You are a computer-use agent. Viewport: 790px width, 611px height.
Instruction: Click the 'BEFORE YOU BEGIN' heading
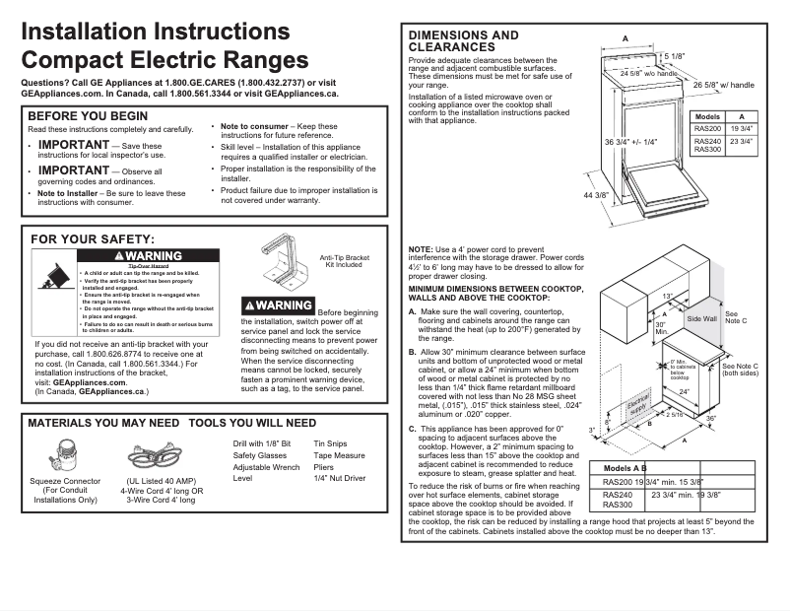click(89, 115)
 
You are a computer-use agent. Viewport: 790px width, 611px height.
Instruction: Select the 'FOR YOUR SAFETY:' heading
click(93, 238)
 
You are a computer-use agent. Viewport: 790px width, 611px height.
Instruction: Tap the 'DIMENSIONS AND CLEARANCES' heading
click(463, 40)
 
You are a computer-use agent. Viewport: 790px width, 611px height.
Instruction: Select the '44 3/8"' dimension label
click(595, 196)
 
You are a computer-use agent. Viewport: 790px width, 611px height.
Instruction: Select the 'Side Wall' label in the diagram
click(701, 319)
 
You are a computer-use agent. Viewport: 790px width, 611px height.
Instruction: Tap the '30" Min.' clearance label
click(661, 328)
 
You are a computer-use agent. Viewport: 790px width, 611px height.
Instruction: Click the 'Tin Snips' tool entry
click(330, 443)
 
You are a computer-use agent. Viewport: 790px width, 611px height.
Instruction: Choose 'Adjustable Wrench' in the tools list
click(266, 467)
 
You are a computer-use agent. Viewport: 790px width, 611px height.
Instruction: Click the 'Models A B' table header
click(625, 468)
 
